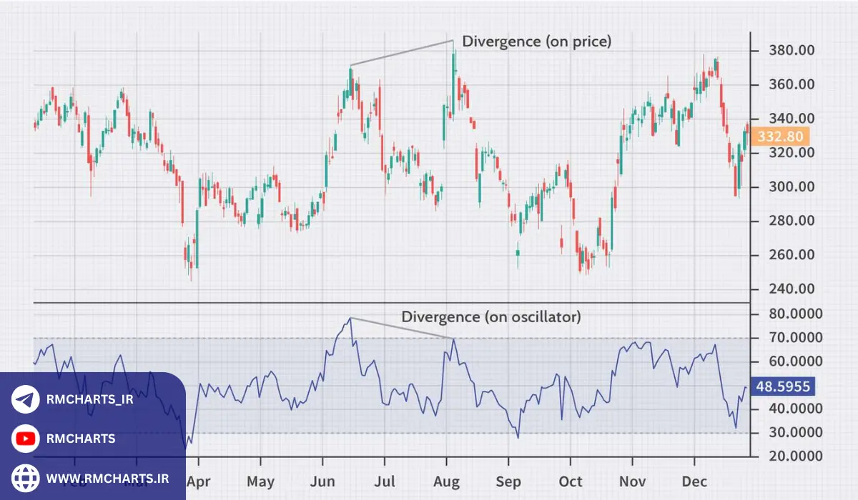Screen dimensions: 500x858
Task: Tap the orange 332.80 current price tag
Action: (780, 136)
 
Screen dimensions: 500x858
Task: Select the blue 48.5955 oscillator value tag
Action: (783, 387)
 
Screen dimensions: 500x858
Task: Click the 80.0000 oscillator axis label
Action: (784, 314)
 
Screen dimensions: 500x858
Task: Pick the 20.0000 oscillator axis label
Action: (784, 456)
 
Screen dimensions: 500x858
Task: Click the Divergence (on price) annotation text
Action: (536, 41)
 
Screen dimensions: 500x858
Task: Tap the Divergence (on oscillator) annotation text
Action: (490, 316)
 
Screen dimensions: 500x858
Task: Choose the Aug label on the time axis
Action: (448, 481)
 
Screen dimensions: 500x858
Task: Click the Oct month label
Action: (571, 481)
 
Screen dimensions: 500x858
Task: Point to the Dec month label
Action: (693, 481)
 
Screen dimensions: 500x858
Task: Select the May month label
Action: (260, 481)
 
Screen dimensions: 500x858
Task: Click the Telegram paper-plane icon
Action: (26, 400)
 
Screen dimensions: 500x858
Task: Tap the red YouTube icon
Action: (26, 439)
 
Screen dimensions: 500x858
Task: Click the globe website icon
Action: (26, 477)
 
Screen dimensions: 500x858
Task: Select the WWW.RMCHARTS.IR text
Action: (107, 477)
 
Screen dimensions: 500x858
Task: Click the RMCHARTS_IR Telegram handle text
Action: (89, 400)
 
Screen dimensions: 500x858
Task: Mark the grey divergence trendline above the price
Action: (401, 54)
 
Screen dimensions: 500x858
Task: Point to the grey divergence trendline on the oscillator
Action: (401, 328)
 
